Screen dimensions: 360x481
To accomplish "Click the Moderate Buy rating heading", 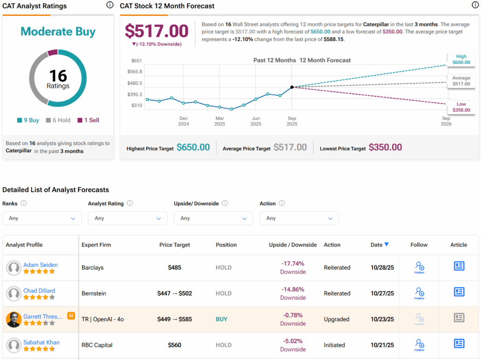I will [58, 32].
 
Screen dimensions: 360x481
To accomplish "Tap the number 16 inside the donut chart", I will [58, 75].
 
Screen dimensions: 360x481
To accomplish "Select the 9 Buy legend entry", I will [28, 120].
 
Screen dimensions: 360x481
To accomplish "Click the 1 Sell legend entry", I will [88, 120].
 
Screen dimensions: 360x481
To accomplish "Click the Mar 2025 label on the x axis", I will [219, 121].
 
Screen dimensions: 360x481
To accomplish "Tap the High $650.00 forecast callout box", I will [460, 59].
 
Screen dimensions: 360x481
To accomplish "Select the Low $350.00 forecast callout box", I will [460, 107].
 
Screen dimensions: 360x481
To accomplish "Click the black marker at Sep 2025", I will [292, 87].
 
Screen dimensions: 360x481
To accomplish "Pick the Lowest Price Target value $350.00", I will [385, 147].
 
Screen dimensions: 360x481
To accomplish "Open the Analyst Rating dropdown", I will [127, 218].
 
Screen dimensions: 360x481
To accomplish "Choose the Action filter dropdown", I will [299, 218].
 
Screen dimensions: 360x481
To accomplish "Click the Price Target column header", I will [175, 245].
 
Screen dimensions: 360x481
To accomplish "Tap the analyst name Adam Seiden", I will [40, 265].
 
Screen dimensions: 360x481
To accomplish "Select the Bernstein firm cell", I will [94, 293].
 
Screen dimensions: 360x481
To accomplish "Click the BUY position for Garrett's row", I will [221, 319].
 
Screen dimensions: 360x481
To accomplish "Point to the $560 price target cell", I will [175, 345].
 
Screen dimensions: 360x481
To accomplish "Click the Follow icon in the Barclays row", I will [419, 267].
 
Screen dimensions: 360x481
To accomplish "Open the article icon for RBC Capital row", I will [459, 344].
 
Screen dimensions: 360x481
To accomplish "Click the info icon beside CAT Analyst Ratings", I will [109, 5].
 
